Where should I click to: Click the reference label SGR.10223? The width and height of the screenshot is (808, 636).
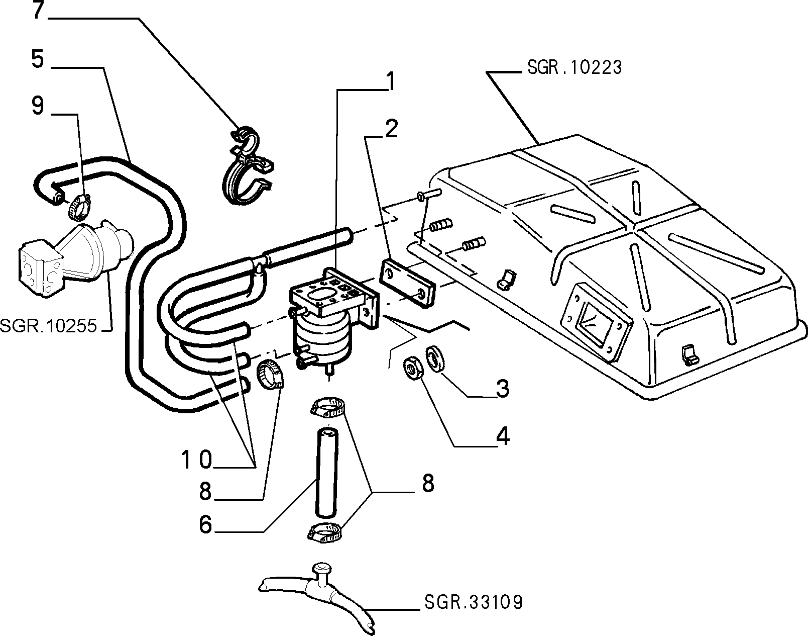pyautogui.click(x=574, y=68)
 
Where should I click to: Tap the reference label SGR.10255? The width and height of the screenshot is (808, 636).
pyautogui.click(x=49, y=325)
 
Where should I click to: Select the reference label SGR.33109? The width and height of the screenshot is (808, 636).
pyautogui.click(x=474, y=602)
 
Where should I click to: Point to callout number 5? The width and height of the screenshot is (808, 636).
pyautogui.click(x=38, y=59)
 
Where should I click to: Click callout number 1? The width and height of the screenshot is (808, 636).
pyautogui.click(x=391, y=81)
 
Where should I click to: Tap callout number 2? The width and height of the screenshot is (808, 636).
pyautogui.click(x=392, y=129)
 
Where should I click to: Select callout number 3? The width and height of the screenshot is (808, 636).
pyautogui.click(x=502, y=389)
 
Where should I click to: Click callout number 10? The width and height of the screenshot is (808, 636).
pyautogui.click(x=197, y=460)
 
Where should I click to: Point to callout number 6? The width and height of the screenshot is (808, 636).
pyautogui.click(x=206, y=525)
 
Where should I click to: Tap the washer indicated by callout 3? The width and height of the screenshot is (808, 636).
pyautogui.click(x=435, y=358)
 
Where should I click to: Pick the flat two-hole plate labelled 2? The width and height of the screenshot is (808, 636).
pyautogui.click(x=407, y=283)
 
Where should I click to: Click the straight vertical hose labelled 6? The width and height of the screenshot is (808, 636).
pyautogui.click(x=326, y=471)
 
